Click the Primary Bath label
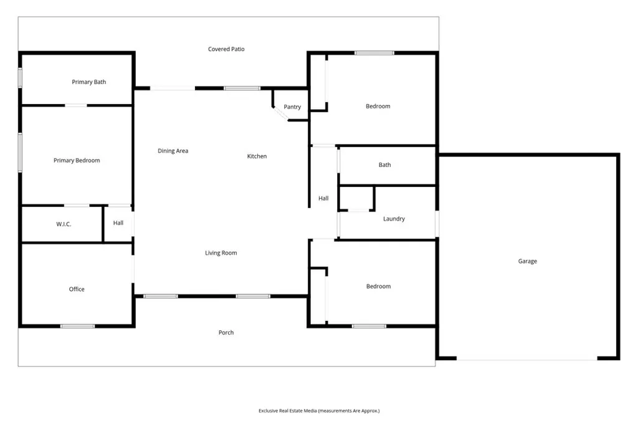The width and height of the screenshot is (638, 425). click(x=89, y=82)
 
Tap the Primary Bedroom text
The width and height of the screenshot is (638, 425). click(x=77, y=161)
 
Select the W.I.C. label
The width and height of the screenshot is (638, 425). click(x=64, y=224)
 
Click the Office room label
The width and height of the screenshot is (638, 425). click(x=77, y=289)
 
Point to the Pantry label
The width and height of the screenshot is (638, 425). click(x=292, y=107)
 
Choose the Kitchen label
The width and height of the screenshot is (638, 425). click(x=257, y=156)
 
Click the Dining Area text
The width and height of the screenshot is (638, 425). click(x=173, y=151)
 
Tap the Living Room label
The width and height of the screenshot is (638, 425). click(x=221, y=253)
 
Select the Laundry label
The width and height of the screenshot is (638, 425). click(x=394, y=219)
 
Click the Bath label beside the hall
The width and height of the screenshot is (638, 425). click(x=385, y=165)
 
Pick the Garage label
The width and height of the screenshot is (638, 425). click(x=527, y=262)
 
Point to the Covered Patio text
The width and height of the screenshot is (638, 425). click(x=226, y=49)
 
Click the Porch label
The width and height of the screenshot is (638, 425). click(x=226, y=333)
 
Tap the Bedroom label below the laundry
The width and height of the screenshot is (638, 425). click(x=378, y=287)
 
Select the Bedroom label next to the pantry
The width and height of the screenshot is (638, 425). click(x=378, y=107)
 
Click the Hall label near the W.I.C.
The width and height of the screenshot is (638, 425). click(x=118, y=223)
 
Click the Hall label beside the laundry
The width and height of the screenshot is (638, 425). click(x=323, y=199)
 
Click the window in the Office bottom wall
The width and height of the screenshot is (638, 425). click(x=78, y=326)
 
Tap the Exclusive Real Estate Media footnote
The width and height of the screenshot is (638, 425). click(x=319, y=411)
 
